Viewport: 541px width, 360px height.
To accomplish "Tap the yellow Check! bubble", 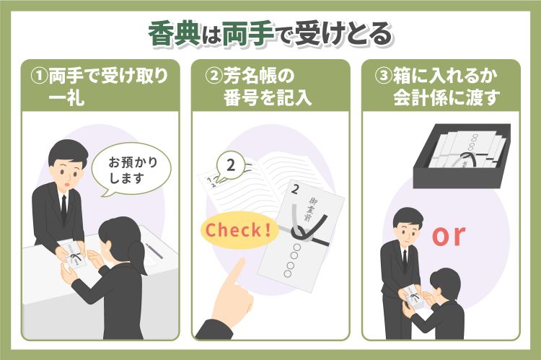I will pos(239,231).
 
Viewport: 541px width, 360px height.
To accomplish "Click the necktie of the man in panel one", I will pos(63,206).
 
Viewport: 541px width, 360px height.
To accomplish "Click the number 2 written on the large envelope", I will pos(294,192).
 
